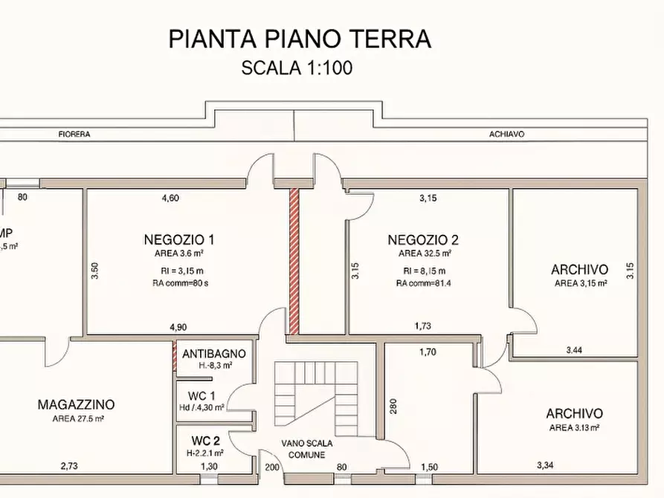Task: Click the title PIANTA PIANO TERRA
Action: pyautogui.click(x=300, y=39)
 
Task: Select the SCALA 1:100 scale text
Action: pyautogui.click(x=297, y=68)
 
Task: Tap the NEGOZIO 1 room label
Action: pyautogui.click(x=179, y=239)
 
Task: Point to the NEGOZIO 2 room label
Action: pyautogui.click(x=423, y=239)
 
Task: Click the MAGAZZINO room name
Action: pyautogui.click(x=76, y=405)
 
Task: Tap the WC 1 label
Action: pyautogui.click(x=202, y=395)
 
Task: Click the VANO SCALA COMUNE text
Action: pyautogui.click(x=307, y=448)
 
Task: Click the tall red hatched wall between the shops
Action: pyautogui.click(x=294, y=260)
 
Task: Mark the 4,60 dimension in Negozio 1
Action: pyautogui.click(x=171, y=198)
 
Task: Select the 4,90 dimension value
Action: pyautogui.click(x=178, y=326)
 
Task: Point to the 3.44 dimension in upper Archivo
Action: pyautogui.click(x=575, y=349)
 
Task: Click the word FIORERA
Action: pyautogui.click(x=74, y=135)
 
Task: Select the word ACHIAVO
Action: pyautogui.click(x=507, y=135)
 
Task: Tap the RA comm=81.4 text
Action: pyautogui.click(x=423, y=283)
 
